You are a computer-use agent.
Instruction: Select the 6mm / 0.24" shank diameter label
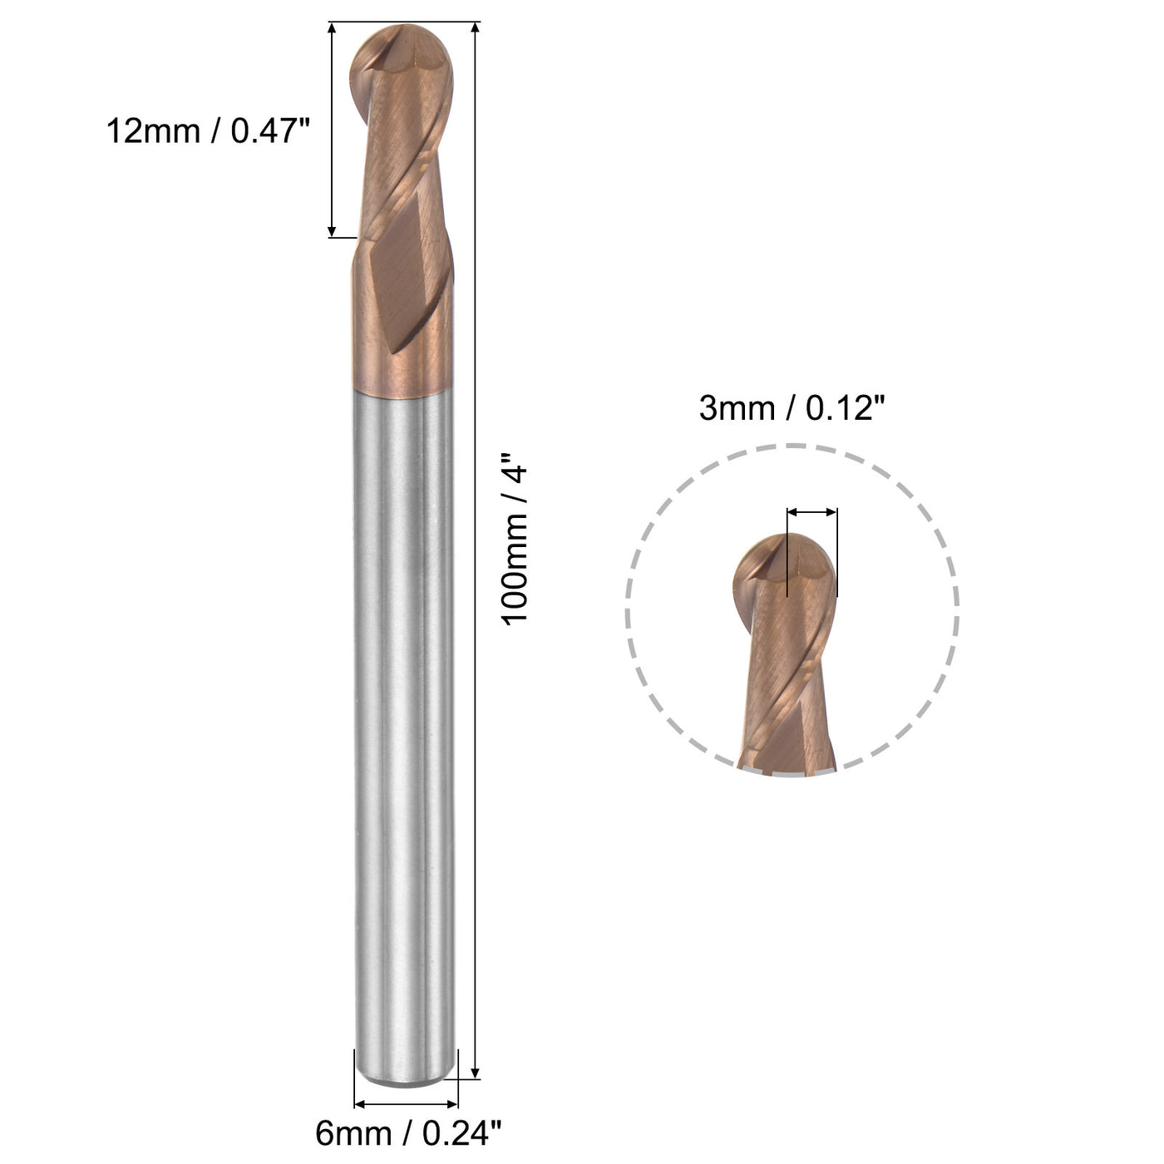tap(408, 1133)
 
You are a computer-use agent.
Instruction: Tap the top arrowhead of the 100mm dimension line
tap(476, 29)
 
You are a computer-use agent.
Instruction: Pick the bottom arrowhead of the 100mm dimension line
tap(476, 1072)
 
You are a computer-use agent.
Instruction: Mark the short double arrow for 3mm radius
tap(811, 512)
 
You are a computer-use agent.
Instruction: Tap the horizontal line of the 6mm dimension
tap(407, 1104)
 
